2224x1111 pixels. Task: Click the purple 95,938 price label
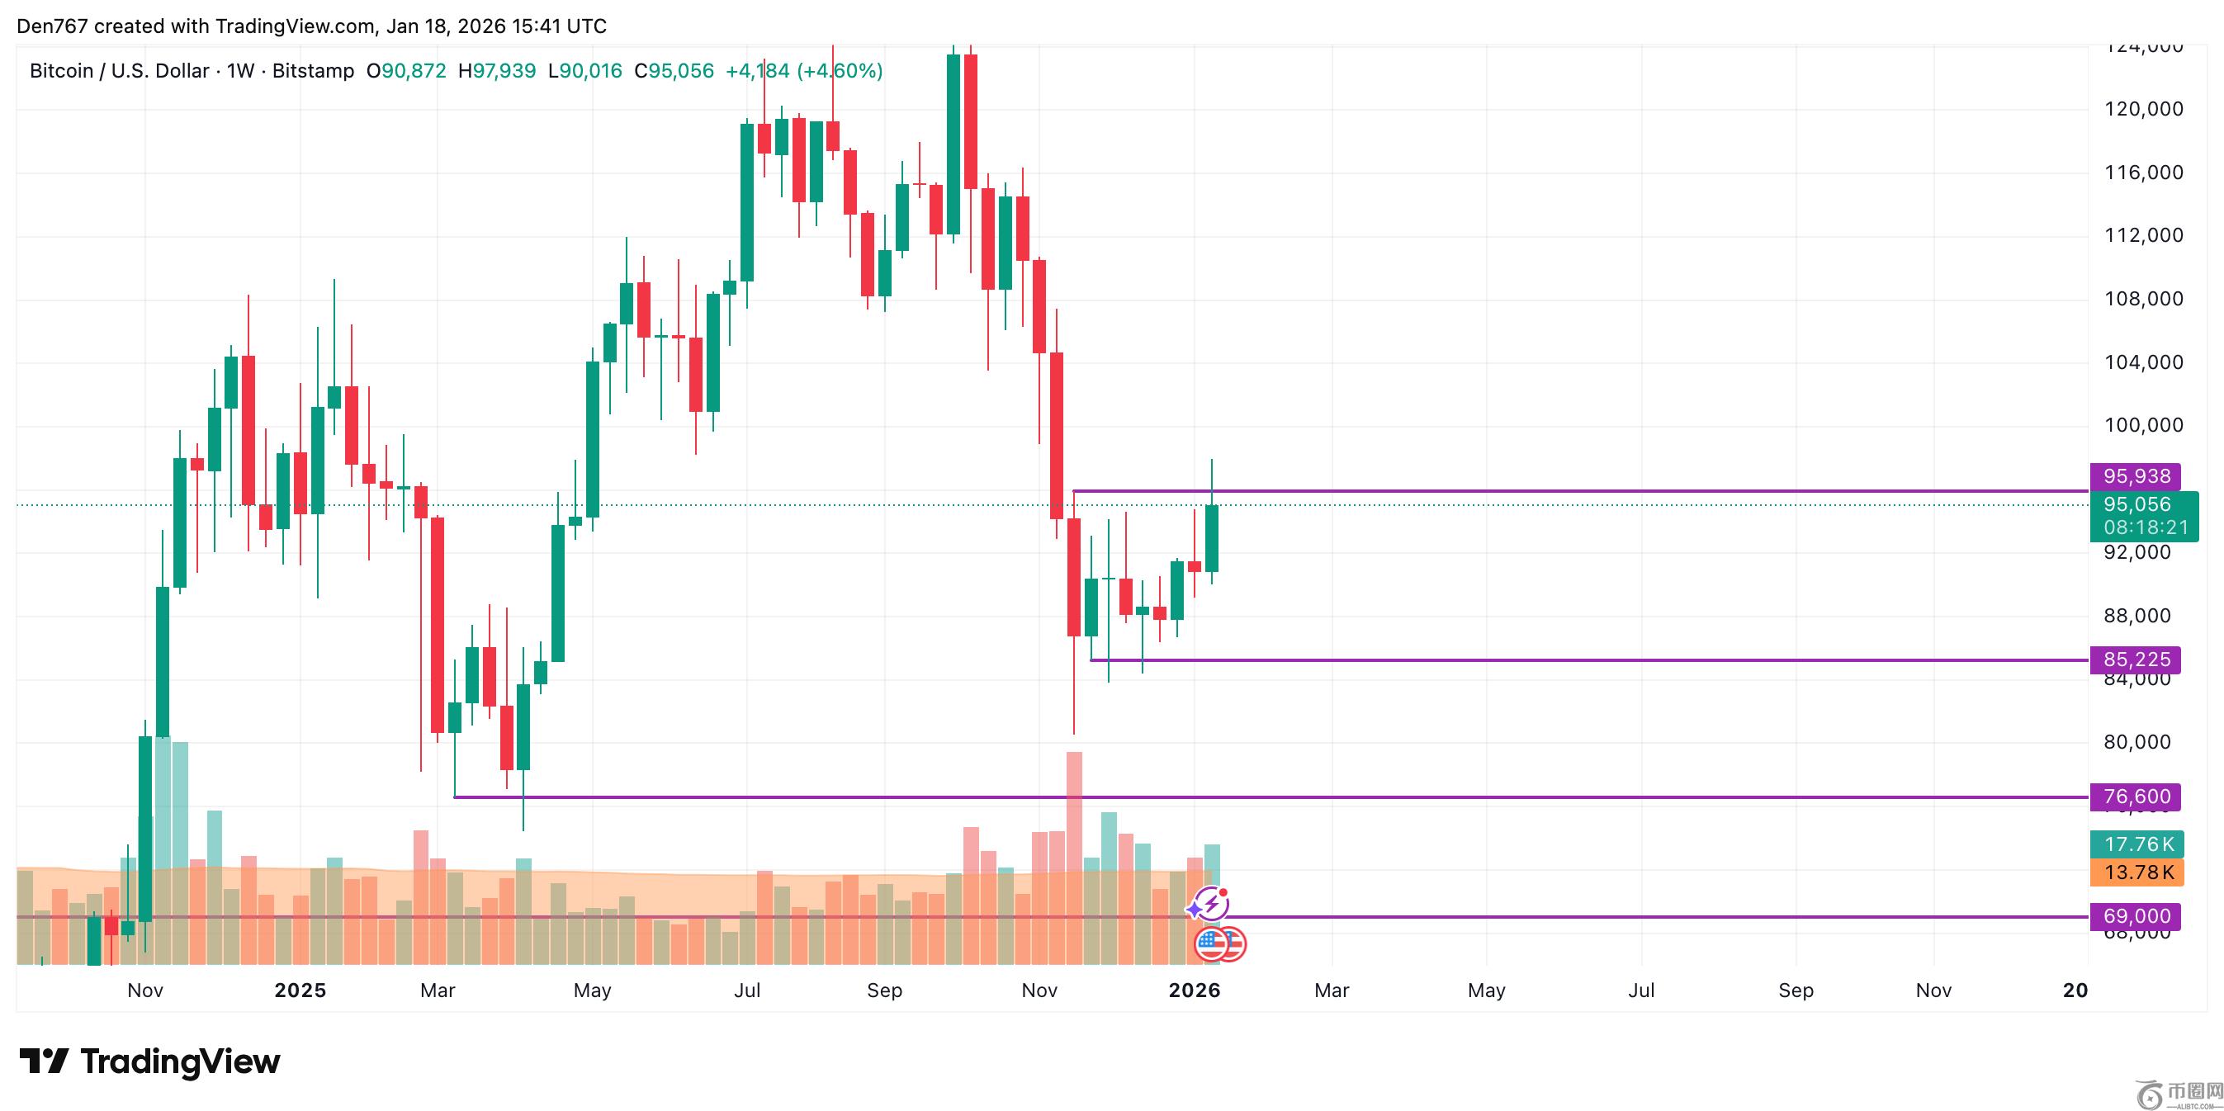(x=2135, y=475)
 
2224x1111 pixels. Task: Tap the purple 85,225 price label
(x=2135, y=660)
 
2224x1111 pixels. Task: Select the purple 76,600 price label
(x=2135, y=796)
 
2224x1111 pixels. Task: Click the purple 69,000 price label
(x=2135, y=916)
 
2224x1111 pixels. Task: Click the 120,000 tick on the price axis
(x=2143, y=109)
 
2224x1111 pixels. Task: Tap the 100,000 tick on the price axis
(x=2143, y=425)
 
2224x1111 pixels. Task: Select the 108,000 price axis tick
(x=2143, y=299)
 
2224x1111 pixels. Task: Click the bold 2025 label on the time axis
(x=300, y=990)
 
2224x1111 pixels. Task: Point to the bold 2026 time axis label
(x=1194, y=990)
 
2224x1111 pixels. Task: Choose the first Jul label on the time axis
(x=747, y=990)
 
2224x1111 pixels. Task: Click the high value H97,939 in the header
(x=496, y=71)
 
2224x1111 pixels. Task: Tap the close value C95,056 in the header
(x=674, y=71)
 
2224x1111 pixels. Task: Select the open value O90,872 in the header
(x=406, y=71)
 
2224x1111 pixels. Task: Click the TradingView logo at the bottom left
(x=149, y=1061)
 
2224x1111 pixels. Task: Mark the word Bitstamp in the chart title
(x=313, y=71)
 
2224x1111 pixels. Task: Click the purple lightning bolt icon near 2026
(x=1211, y=904)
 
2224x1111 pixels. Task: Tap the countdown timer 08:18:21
(x=2146, y=527)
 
